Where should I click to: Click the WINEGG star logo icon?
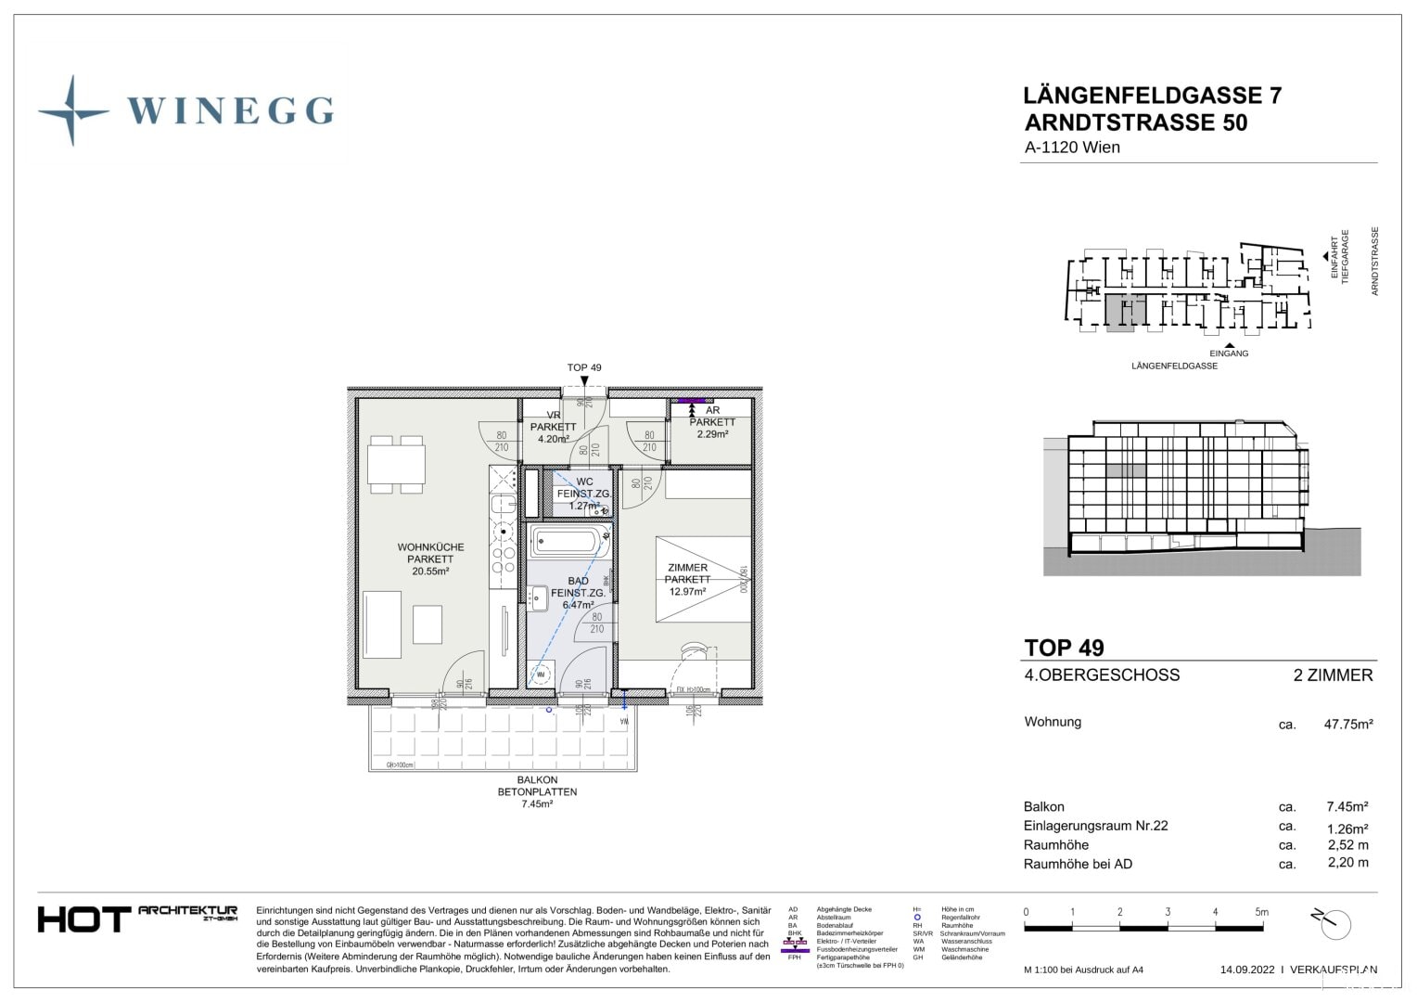click(72, 111)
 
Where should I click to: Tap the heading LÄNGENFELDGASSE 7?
click(1152, 96)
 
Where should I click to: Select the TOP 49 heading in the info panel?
click(1064, 648)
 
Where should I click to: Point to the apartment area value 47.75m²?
click(1347, 724)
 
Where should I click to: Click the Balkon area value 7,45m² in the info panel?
click(1347, 807)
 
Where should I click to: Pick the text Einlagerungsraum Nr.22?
click(1095, 826)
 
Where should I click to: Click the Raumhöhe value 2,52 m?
click(1347, 845)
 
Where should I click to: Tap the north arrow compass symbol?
click(1333, 923)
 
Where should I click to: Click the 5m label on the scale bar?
click(1261, 912)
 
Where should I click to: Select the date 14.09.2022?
click(1247, 970)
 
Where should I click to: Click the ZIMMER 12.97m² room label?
click(687, 579)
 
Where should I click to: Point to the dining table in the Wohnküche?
click(397, 463)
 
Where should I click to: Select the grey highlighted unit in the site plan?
click(1119, 313)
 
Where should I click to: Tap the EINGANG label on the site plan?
click(1229, 353)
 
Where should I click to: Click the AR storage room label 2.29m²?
click(711, 422)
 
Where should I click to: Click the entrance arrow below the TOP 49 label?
click(583, 380)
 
